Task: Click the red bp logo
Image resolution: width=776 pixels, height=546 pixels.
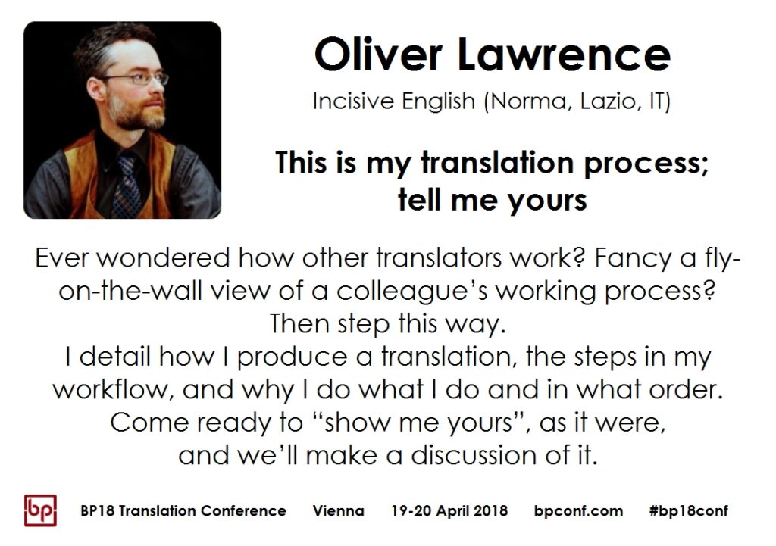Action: [40, 510]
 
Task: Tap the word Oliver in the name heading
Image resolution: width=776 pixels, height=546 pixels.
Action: [377, 55]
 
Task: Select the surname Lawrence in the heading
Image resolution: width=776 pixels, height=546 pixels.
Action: [564, 55]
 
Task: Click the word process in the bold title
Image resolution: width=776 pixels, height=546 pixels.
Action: [646, 164]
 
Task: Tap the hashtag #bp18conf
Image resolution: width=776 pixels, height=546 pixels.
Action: [688, 511]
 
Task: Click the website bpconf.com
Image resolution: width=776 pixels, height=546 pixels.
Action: [578, 511]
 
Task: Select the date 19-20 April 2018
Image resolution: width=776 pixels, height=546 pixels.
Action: [449, 511]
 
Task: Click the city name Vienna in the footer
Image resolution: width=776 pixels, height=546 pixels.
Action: [339, 511]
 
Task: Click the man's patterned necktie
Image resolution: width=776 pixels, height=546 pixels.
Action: [127, 186]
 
